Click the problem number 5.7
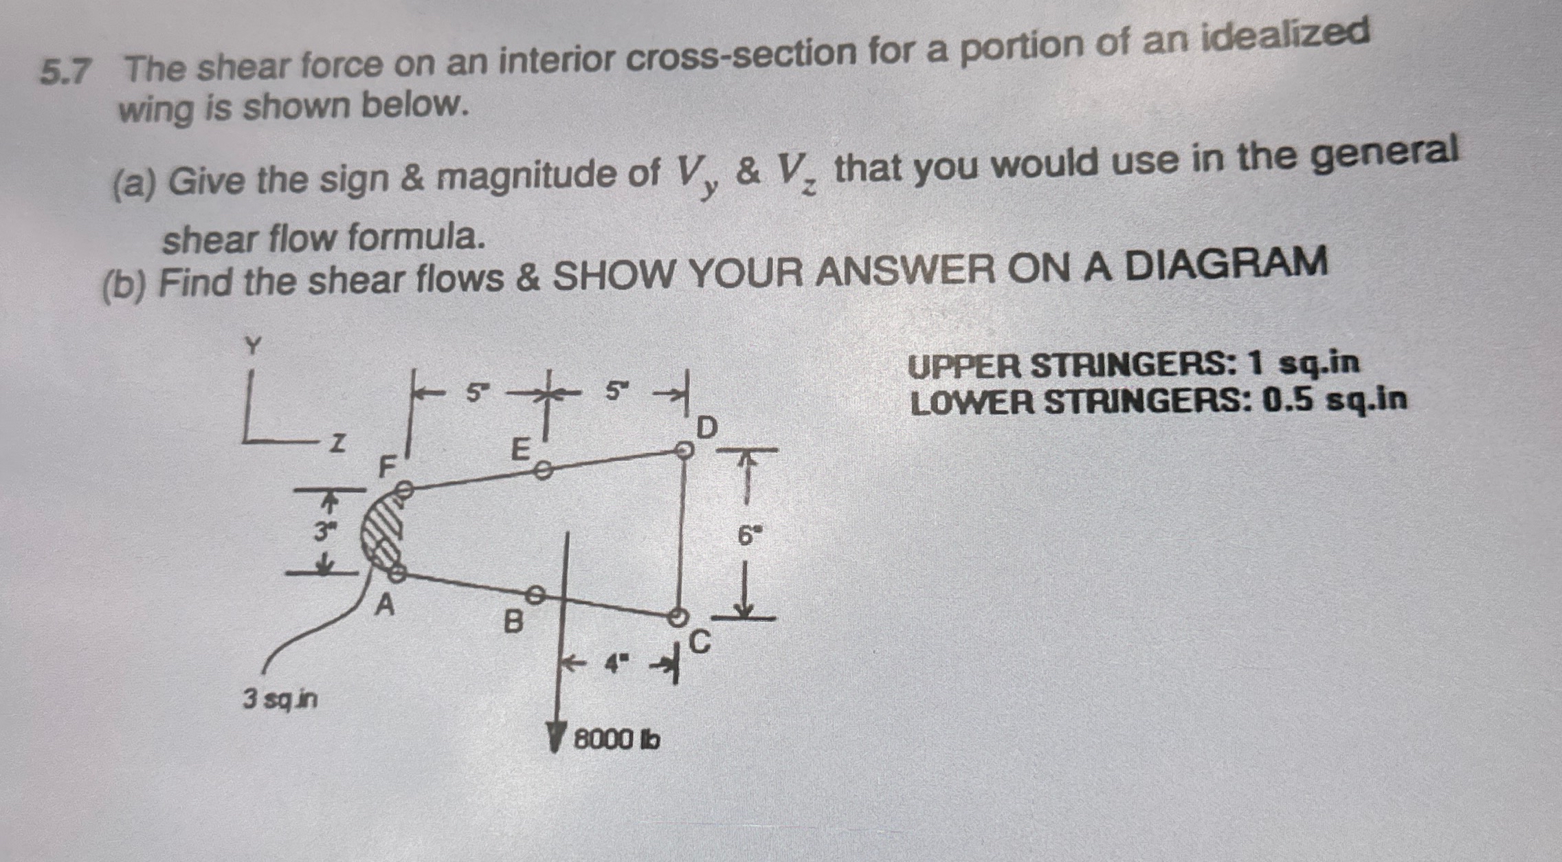coord(65,71)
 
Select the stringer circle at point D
coord(682,450)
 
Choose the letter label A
coord(386,606)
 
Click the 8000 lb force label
coord(616,740)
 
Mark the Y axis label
coord(254,345)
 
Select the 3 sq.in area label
coord(280,700)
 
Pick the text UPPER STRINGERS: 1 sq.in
coord(1133,365)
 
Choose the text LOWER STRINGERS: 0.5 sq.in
coord(1158,401)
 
